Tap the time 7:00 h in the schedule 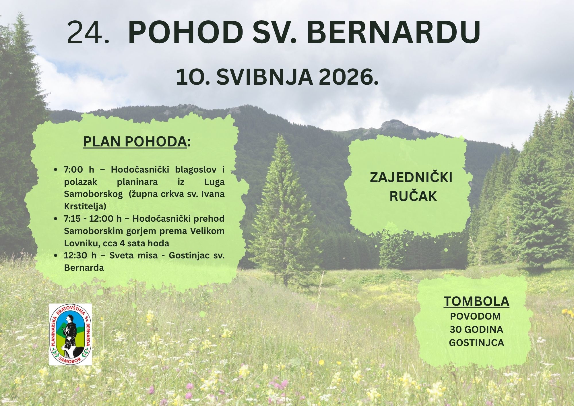pos(79,169)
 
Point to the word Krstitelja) pos(85,206)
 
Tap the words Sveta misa pos(133,255)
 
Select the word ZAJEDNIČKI pos(411,177)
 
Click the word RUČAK pos(413,197)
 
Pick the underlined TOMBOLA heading pos(476,301)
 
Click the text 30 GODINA pos(476,329)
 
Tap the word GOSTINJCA pos(476,343)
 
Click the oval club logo pos(70,335)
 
